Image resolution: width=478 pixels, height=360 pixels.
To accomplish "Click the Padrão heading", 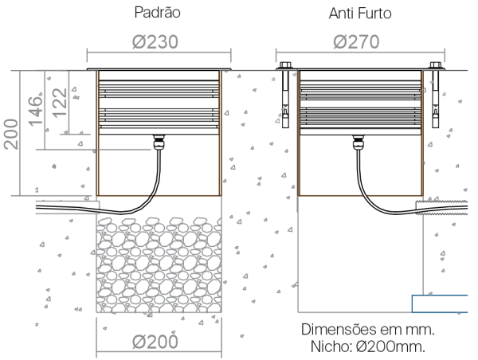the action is [x=157, y=13].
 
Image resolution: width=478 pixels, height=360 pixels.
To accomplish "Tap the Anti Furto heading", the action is [x=360, y=14].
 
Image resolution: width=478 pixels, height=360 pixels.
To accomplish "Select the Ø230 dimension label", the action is [x=155, y=41].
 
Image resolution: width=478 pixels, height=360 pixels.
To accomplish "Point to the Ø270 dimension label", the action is [x=356, y=41].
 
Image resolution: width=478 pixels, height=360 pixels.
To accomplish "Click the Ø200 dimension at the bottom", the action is [x=155, y=342].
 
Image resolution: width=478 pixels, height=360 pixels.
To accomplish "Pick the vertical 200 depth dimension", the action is [x=11, y=134].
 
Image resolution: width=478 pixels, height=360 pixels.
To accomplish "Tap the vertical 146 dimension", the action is [x=35, y=112].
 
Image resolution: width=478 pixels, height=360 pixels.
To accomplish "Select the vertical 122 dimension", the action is [x=60, y=103].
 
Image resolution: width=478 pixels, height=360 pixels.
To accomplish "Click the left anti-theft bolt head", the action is [x=284, y=65].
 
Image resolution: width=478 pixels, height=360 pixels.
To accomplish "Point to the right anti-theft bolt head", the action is [x=436, y=65].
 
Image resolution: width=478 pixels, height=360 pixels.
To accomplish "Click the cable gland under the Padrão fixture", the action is [x=159, y=142].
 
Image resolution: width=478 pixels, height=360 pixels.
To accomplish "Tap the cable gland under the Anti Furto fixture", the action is [x=358, y=143].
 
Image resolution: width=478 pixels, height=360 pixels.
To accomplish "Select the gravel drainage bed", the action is [x=159, y=264].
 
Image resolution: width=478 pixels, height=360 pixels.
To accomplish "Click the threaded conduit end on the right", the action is [x=441, y=207].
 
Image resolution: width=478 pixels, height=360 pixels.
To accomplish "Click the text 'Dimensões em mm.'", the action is [x=367, y=330].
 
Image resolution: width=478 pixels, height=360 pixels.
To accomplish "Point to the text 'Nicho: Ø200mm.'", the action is [x=367, y=347].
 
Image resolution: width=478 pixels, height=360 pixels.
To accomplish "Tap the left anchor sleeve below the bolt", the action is [x=285, y=99].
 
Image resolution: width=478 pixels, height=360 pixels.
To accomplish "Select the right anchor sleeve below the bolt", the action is [x=435, y=99].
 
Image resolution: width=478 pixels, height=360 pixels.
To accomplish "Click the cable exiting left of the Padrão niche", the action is [x=68, y=208].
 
